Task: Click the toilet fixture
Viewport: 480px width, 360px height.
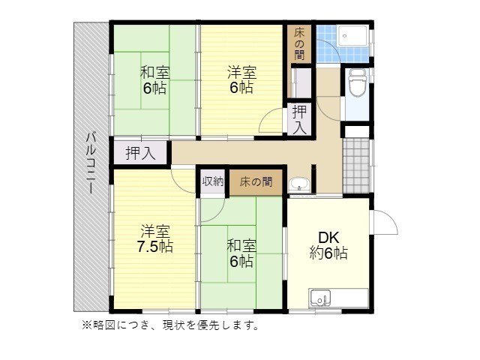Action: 356,83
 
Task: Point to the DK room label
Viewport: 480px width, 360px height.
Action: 328,238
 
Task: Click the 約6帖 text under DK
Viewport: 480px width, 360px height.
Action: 328,253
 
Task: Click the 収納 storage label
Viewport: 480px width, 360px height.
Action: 212,181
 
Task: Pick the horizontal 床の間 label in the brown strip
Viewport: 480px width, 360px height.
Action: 256,181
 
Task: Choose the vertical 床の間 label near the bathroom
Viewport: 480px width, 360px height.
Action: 298,43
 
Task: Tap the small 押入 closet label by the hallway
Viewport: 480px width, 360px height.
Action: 299,119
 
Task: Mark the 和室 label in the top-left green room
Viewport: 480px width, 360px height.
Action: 154,73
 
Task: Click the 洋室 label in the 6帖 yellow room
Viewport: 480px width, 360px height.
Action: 242,73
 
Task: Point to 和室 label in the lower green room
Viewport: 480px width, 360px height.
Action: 241,246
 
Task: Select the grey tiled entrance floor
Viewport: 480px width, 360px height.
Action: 357,164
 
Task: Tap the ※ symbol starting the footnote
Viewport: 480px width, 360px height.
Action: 85,325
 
